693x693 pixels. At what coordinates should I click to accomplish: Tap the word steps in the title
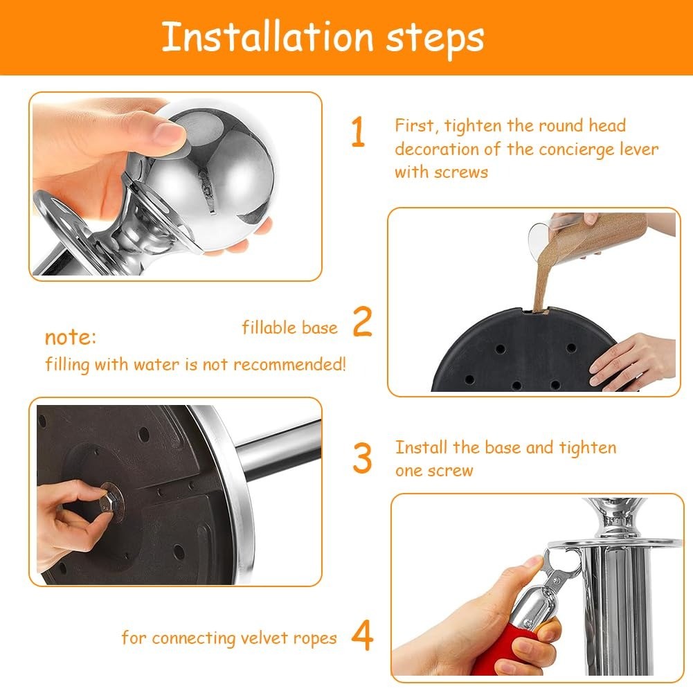tap(435, 39)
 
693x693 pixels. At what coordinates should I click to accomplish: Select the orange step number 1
tap(358, 132)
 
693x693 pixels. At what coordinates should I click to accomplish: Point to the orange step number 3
tap(362, 458)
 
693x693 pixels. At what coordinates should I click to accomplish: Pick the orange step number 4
tap(362, 636)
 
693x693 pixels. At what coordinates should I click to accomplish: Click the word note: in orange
tap(71, 337)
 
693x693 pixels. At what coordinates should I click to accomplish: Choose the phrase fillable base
tap(289, 327)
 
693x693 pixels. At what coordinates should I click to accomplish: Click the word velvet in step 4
tap(265, 638)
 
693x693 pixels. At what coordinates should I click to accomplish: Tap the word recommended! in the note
tap(289, 365)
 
